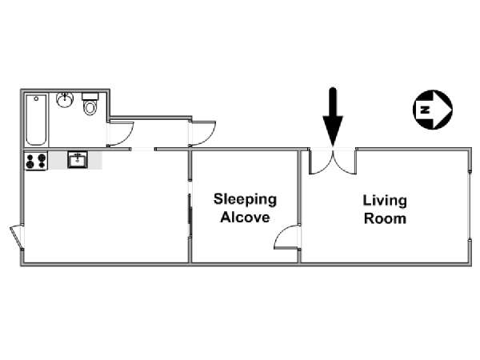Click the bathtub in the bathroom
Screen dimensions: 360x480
coord(37,120)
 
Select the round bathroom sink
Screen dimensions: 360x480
coord(67,100)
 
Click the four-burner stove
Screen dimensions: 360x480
coord(36,161)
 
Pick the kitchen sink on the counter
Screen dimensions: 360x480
coord(78,160)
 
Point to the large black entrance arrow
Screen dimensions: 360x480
coord(333,116)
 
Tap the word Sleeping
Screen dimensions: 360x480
coord(245,199)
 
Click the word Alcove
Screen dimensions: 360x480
coord(245,217)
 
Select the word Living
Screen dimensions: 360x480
coord(384,200)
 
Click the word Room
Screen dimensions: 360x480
coord(384,218)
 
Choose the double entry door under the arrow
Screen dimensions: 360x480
coord(334,162)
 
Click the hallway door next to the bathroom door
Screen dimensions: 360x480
coord(202,133)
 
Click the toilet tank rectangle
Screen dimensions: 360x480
coord(91,97)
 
